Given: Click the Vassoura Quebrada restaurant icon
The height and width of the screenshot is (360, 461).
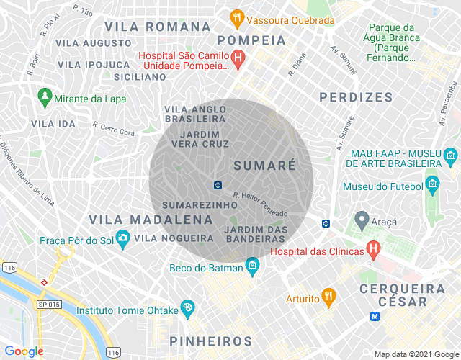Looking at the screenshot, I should tap(236, 17).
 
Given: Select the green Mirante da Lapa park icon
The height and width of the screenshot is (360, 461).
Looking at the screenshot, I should tap(45, 95).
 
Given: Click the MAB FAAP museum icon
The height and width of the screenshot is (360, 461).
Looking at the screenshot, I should tap(451, 155).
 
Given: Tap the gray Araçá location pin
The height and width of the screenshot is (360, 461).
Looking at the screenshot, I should tap(362, 218).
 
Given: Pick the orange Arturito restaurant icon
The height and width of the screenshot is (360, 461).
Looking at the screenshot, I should tap(328, 295).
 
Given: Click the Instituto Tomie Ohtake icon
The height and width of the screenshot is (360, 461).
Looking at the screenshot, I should tap(188, 307).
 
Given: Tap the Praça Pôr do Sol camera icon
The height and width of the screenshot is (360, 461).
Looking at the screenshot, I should tap(122, 237).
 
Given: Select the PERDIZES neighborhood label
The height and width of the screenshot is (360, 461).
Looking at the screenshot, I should tap(356, 96).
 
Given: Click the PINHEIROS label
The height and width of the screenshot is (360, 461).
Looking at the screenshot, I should tap(210, 341).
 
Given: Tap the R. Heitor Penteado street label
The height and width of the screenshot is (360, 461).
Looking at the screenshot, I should tap(260, 204).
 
